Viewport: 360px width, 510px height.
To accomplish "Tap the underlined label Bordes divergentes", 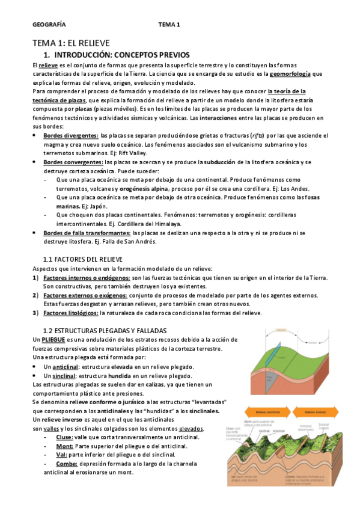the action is point(71,135).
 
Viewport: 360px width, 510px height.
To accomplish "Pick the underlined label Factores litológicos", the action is point(71,313).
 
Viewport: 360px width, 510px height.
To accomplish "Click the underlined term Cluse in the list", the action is point(64,437).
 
